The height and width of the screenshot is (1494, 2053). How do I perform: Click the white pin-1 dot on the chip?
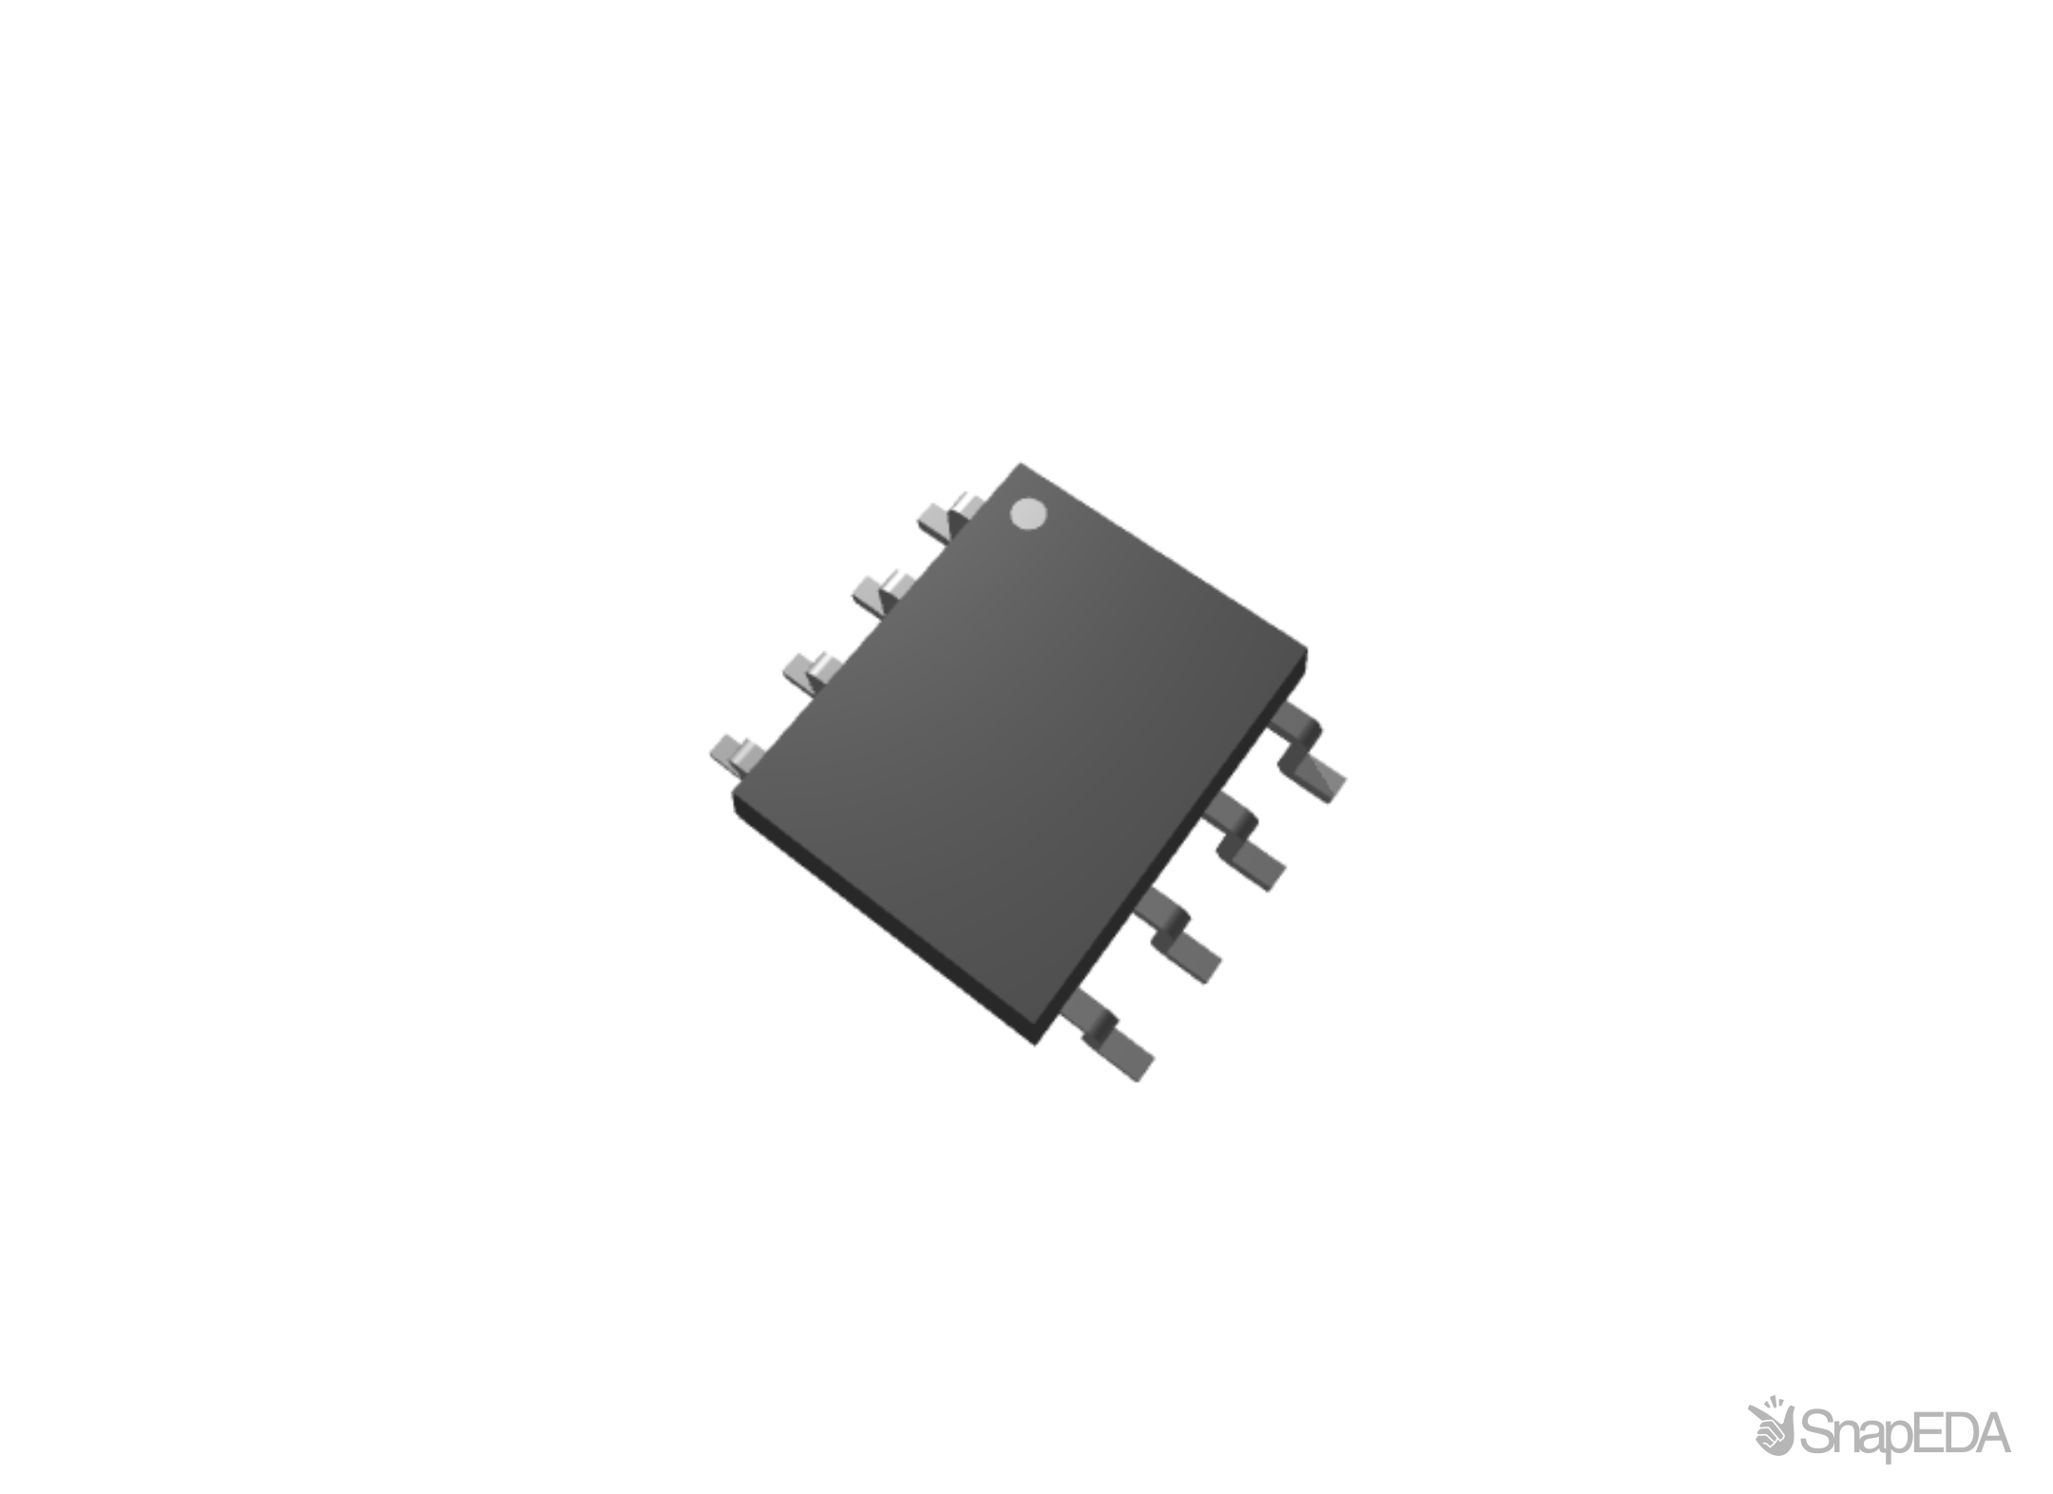(x=1028, y=514)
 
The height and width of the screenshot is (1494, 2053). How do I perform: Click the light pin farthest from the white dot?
(x=738, y=754)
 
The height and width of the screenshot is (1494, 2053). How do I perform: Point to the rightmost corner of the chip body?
(x=1307, y=651)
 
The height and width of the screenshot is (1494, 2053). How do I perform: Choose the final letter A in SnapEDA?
(x=1992, y=1432)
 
